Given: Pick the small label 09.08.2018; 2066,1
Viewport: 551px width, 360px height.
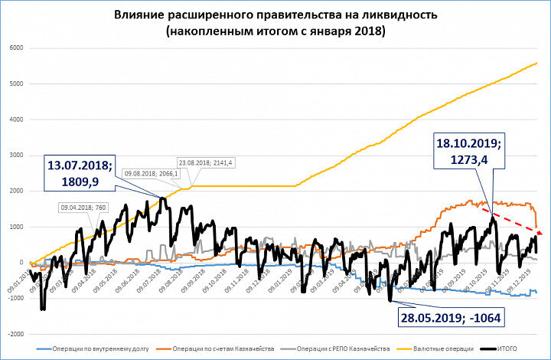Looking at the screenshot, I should coord(151,175).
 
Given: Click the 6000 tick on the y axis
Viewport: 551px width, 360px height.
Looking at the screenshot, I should coord(17,47).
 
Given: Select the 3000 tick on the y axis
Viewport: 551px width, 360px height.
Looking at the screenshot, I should coord(17,155).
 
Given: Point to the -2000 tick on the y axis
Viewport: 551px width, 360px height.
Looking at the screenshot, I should coord(15,335).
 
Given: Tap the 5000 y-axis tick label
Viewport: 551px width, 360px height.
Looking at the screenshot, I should coord(17,83).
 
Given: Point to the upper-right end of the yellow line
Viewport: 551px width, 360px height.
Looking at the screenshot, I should coord(537,63).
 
